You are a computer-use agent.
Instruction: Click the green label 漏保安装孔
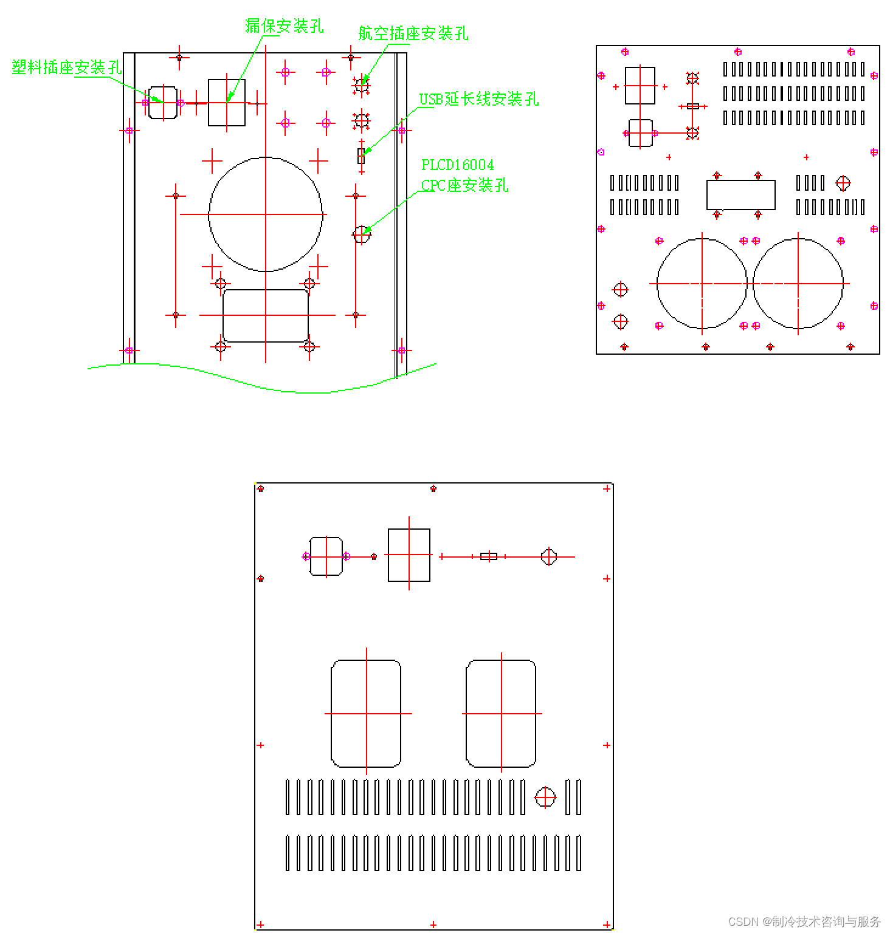pos(284,26)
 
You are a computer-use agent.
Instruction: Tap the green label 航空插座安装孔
pos(413,33)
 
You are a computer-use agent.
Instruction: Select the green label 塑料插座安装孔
pos(67,67)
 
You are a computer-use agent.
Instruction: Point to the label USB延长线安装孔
pos(478,98)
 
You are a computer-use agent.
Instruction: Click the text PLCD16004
pos(458,165)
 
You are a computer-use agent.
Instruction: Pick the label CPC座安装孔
pos(464,185)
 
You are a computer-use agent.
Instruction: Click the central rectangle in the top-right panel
pos(740,195)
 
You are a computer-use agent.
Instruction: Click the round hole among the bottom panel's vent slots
pos(545,797)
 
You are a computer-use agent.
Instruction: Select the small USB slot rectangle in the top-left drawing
pos(361,156)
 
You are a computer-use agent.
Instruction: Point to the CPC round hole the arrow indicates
pos(361,234)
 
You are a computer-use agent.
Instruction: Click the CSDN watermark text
pos(804,921)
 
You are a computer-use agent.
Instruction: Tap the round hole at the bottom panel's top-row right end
pos(549,556)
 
